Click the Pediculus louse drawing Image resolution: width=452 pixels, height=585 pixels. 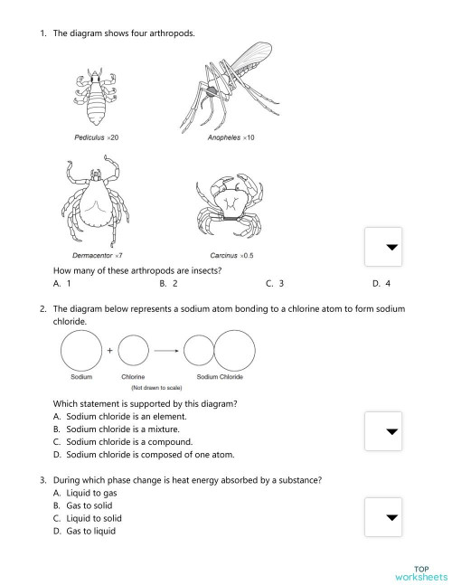[x=93, y=99]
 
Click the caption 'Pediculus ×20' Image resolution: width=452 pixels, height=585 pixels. [x=97, y=137]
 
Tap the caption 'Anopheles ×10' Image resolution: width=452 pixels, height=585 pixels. [x=231, y=137]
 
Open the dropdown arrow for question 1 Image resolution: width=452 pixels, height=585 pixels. [x=391, y=248]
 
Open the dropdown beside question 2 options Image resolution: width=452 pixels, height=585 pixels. [x=391, y=431]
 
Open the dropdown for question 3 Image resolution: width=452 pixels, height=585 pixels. [x=391, y=517]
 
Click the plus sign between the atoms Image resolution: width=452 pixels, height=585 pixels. [x=109, y=348]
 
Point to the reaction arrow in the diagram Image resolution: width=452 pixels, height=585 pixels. [x=164, y=348]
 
